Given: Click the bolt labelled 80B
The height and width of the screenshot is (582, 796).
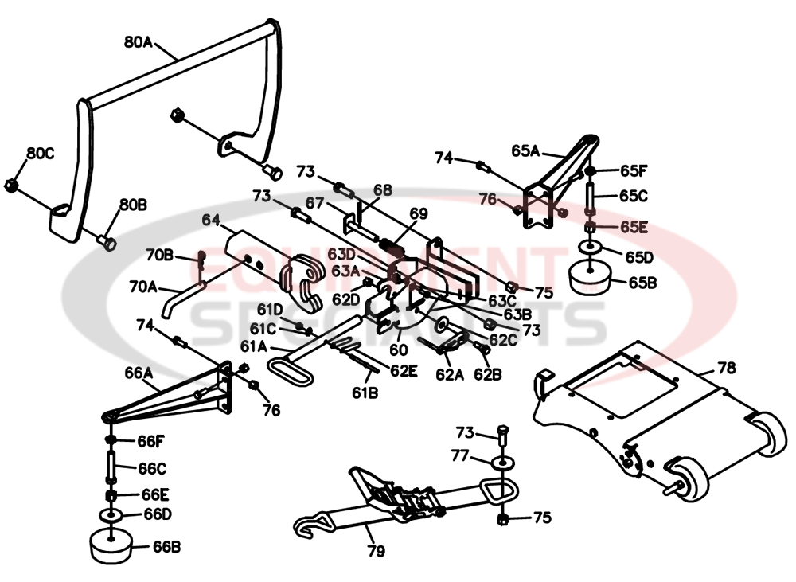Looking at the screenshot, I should (107, 240).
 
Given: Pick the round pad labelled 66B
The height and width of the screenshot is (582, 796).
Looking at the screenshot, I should (111, 547).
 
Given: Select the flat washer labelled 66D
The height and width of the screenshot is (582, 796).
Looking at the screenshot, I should (110, 516).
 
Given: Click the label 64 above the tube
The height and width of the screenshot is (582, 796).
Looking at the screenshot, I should (210, 218).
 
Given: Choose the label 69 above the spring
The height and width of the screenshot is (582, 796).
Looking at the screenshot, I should (419, 213).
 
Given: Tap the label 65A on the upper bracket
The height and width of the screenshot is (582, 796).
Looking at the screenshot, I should (527, 150).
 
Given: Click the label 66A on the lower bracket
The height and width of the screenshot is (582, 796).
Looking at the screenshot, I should (139, 371).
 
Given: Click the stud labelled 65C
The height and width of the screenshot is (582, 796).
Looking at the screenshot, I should (591, 193).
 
